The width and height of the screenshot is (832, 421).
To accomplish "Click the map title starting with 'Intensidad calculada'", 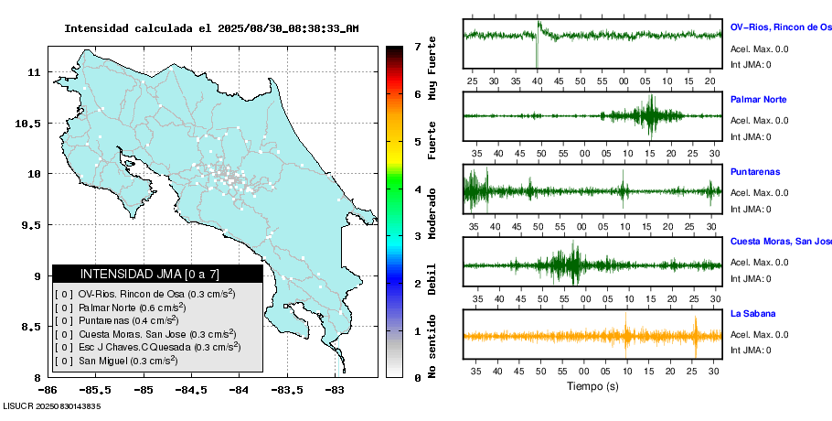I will click(211, 28).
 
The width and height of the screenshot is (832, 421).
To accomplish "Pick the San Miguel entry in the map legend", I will click(128, 361).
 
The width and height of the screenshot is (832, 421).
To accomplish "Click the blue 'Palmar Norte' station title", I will click(759, 99).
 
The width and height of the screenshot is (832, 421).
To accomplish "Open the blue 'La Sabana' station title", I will click(752, 314).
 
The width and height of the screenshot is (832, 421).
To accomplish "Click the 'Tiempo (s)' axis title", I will click(592, 386).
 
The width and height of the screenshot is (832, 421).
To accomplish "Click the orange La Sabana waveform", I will click(592, 336).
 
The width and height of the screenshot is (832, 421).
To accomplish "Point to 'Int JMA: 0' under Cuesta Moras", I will click(751, 279).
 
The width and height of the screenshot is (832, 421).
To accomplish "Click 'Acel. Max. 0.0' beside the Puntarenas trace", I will click(759, 192).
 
